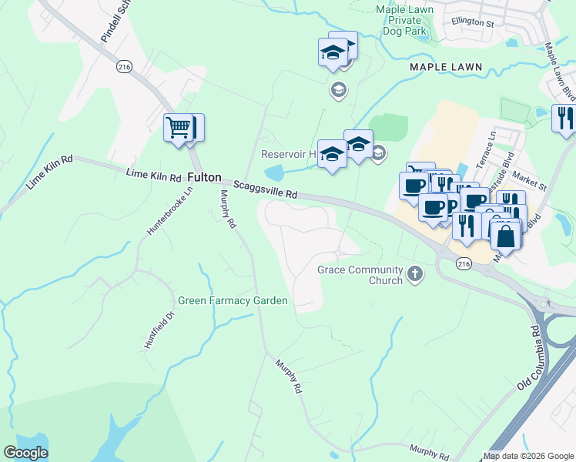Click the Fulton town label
coord(204,177)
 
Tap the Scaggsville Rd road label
coord(266,190)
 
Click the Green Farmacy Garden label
coord(233,300)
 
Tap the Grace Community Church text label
coord(360,275)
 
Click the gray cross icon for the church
coord(415,273)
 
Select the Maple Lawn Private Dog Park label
coord(405,21)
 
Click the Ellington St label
coord(473,23)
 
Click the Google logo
coord(25,453)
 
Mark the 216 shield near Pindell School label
coord(123,68)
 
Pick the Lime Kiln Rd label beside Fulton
coord(154,176)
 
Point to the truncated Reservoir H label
coord(289,153)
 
